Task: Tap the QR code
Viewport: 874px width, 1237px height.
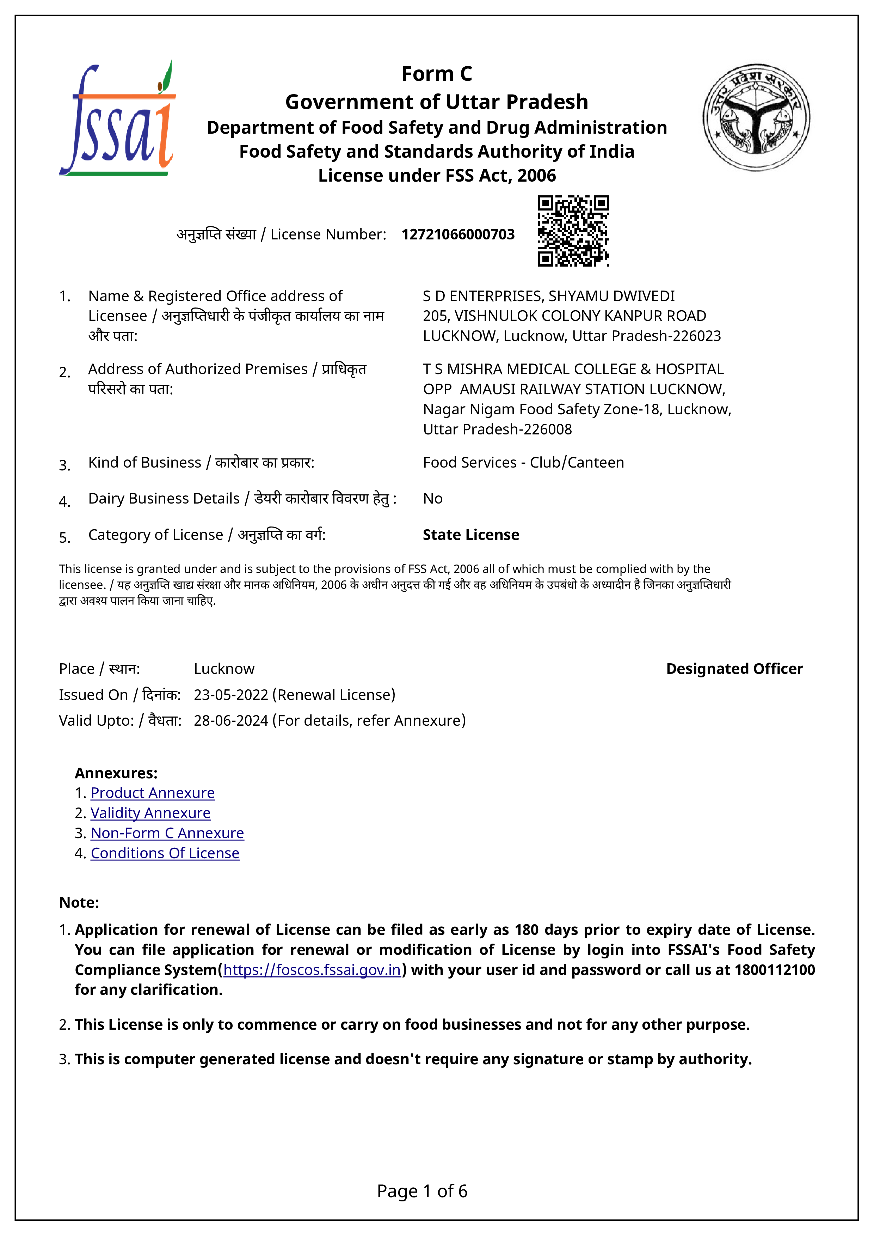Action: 573,231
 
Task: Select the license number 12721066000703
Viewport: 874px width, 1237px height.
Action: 458,234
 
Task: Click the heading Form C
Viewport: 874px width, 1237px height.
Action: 437,74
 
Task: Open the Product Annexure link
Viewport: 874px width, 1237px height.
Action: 152,793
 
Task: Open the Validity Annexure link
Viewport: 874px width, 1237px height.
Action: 150,813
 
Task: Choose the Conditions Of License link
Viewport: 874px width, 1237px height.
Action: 165,853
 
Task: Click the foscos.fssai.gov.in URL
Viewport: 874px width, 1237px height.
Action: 312,970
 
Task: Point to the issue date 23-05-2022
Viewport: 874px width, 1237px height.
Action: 231,695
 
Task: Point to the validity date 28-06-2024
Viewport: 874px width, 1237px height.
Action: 231,721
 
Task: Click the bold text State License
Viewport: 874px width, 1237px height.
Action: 471,535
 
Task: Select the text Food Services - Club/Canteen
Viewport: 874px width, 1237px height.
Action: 523,463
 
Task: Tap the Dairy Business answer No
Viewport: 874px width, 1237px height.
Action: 432,499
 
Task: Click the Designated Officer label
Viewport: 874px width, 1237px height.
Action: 734,669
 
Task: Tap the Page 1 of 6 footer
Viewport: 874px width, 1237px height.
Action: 422,1191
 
